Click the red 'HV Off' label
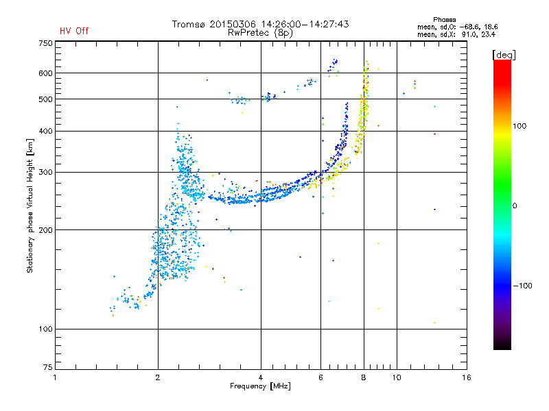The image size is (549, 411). coord(73,31)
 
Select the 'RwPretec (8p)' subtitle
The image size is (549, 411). coord(260,32)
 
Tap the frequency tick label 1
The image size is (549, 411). coord(55,377)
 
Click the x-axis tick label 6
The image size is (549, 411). coord(320,377)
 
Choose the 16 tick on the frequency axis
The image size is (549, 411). coord(466,377)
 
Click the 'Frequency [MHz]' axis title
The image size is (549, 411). coord(260,386)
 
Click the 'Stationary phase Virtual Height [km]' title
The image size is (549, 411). coord(30,206)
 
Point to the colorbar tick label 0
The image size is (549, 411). coord(515,206)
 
